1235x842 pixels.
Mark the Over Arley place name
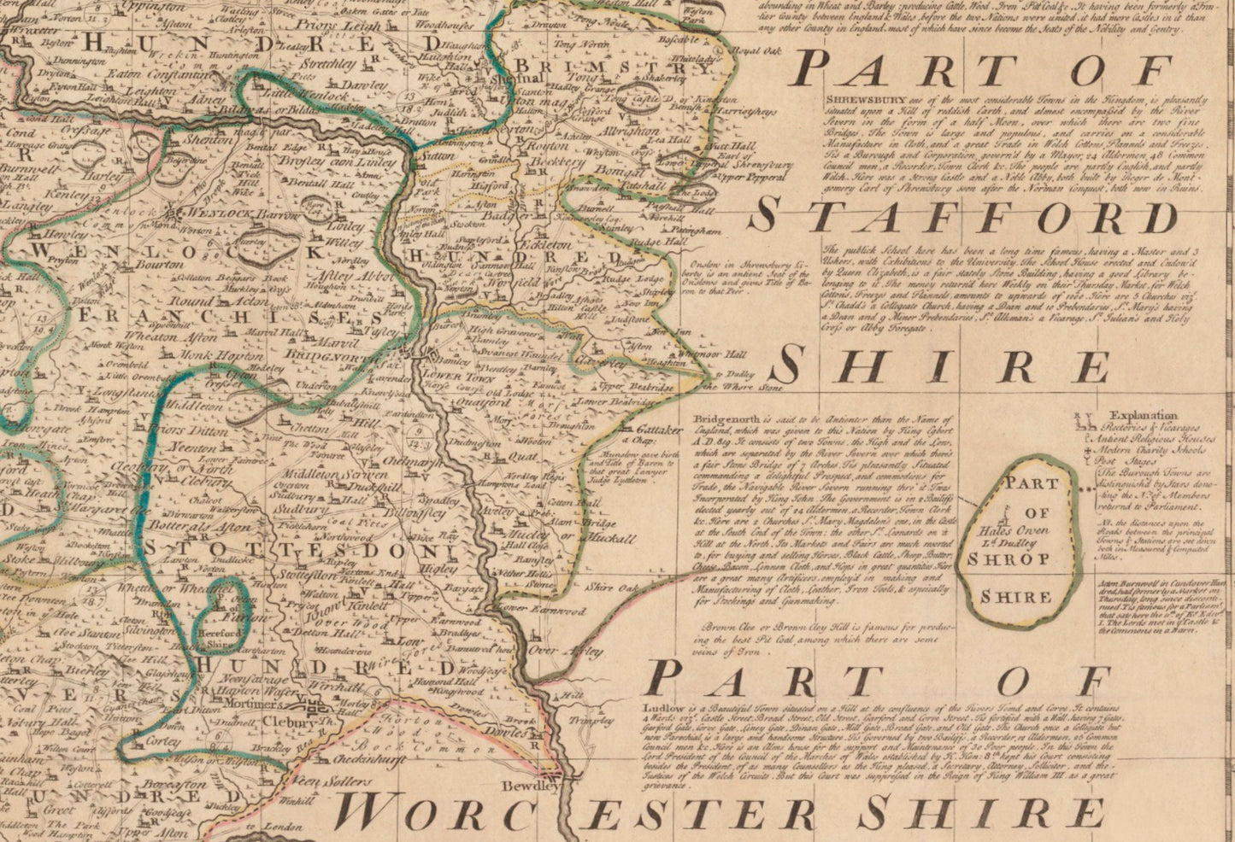pos(556,651)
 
